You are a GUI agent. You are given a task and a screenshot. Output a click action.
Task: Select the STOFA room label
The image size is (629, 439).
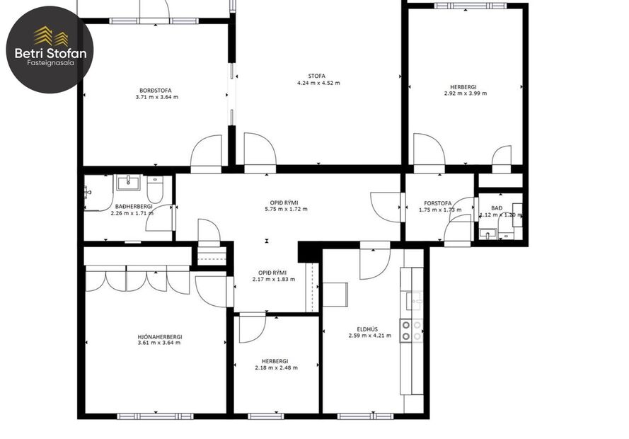pyautogui.click(x=318, y=76)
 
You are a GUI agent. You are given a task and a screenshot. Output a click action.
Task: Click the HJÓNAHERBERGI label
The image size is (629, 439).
pyautogui.click(x=160, y=336)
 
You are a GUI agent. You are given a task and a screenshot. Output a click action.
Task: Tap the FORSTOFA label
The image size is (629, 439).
pyautogui.click(x=438, y=203)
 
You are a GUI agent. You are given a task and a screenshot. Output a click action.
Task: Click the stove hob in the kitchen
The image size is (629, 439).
pyautogui.click(x=411, y=331)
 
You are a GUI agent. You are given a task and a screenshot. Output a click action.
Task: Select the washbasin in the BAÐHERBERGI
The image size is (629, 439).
pyautogui.click(x=128, y=183)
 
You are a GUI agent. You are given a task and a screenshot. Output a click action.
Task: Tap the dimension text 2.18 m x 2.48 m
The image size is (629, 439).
pyautogui.click(x=276, y=367)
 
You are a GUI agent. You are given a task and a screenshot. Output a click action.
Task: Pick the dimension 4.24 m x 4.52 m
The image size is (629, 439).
pyautogui.click(x=318, y=83)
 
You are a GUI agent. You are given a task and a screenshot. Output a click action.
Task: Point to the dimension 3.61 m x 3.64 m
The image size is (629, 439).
pyautogui.click(x=159, y=343)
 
